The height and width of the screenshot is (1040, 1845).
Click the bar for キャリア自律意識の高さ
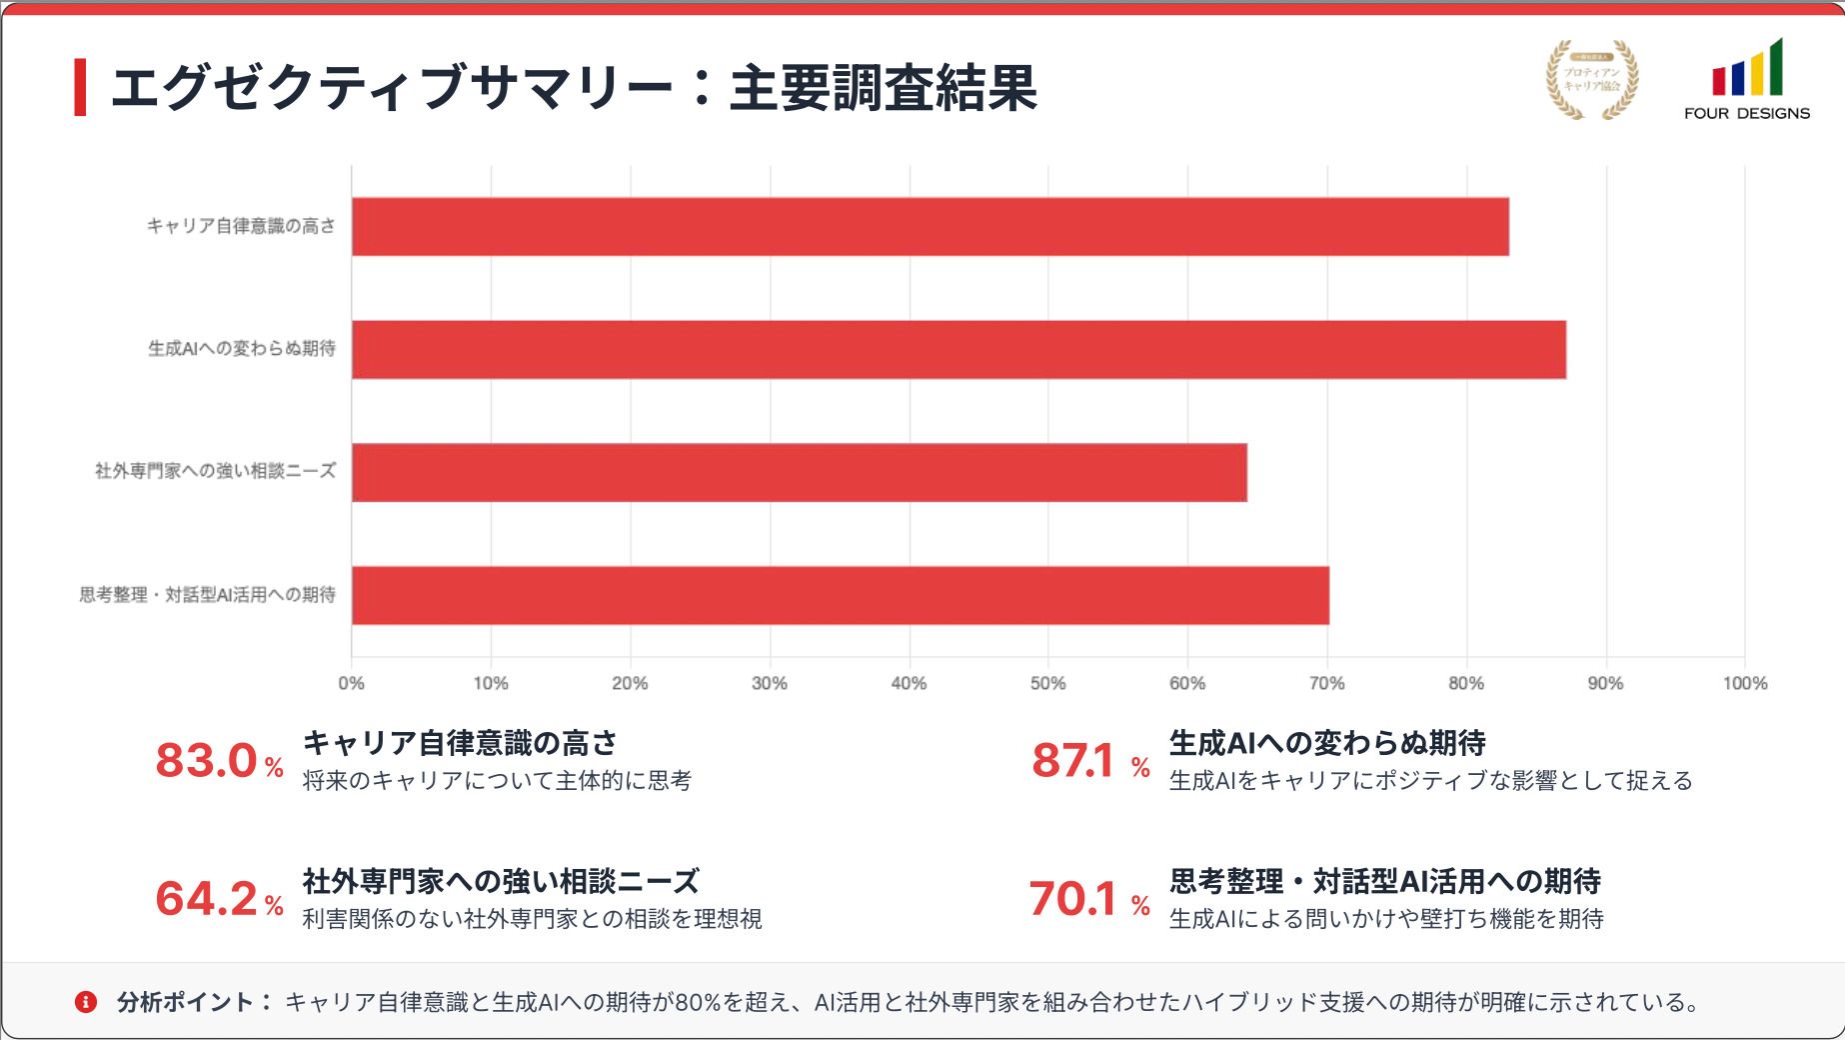click(x=929, y=227)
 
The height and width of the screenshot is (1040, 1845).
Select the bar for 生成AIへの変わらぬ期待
click(x=957, y=350)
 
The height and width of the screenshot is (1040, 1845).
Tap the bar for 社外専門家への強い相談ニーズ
click(x=799, y=473)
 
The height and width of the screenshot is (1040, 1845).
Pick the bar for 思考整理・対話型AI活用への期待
click(x=840, y=596)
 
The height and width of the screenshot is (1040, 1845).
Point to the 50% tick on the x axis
click(x=1047, y=684)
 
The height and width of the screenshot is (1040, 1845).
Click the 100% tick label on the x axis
click(x=1744, y=684)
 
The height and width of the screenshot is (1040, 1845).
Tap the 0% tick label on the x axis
click(x=351, y=684)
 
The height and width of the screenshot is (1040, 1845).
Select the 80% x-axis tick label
click(x=1465, y=684)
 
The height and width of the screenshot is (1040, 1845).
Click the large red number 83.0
click(x=207, y=761)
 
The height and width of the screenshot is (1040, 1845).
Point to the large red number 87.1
click(x=1072, y=761)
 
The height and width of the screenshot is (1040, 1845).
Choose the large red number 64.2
click(x=207, y=899)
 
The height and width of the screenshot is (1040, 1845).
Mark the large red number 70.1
click(x=1071, y=899)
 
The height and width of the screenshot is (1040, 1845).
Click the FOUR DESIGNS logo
click(x=1746, y=80)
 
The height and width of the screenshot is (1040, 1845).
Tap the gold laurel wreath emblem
click(x=1592, y=80)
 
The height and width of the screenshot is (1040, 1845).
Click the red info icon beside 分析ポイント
click(x=86, y=1002)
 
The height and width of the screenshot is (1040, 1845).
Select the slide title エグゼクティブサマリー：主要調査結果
click(x=573, y=88)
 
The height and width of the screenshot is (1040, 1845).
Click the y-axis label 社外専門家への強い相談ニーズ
click(x=215, y=471)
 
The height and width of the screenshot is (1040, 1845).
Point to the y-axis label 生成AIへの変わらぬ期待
click(x=241, y=349)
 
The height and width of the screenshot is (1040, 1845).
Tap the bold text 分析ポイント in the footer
click(x=185, y=1002)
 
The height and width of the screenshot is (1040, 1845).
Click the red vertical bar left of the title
click(x=80, y=88)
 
